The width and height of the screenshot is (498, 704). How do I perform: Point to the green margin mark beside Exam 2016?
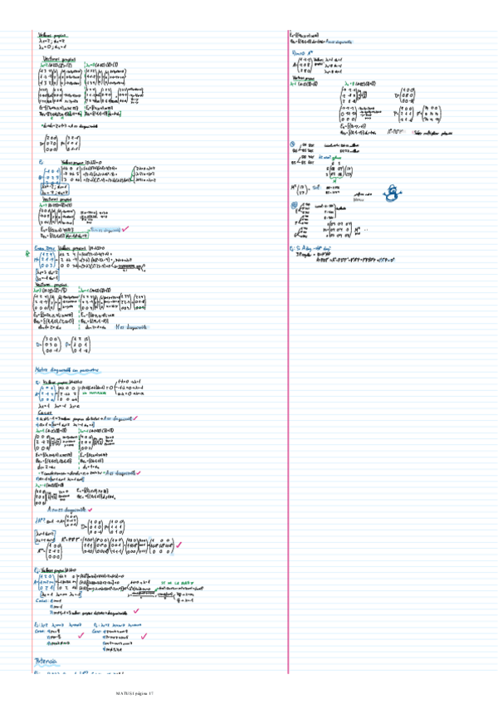coord(30,254)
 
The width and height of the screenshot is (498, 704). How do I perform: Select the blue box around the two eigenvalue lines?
coord(49,191)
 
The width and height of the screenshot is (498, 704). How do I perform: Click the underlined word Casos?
coord(45,412)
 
